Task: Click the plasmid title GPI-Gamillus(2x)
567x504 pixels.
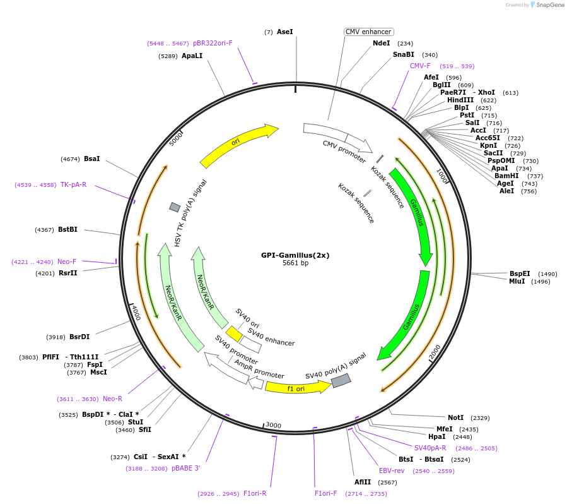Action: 295,256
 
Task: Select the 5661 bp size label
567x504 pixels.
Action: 295,263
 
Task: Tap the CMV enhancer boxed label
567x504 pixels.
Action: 369,32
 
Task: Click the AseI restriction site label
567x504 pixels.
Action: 284,32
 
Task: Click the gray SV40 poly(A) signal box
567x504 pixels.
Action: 341,380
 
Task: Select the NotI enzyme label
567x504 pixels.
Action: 455,417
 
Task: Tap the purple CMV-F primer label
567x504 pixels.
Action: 420,66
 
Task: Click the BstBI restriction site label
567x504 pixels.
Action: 67,229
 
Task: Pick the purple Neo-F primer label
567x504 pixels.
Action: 67,261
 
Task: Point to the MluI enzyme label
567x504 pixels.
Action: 517,281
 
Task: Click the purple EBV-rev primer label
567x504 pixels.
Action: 392,471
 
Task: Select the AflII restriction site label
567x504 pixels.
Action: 363,482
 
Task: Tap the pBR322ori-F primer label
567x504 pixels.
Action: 213,43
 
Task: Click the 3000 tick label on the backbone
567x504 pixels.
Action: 273,425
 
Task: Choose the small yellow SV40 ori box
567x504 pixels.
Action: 234,333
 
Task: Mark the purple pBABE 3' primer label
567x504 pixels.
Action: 186,468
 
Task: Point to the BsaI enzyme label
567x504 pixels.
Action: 91,159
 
